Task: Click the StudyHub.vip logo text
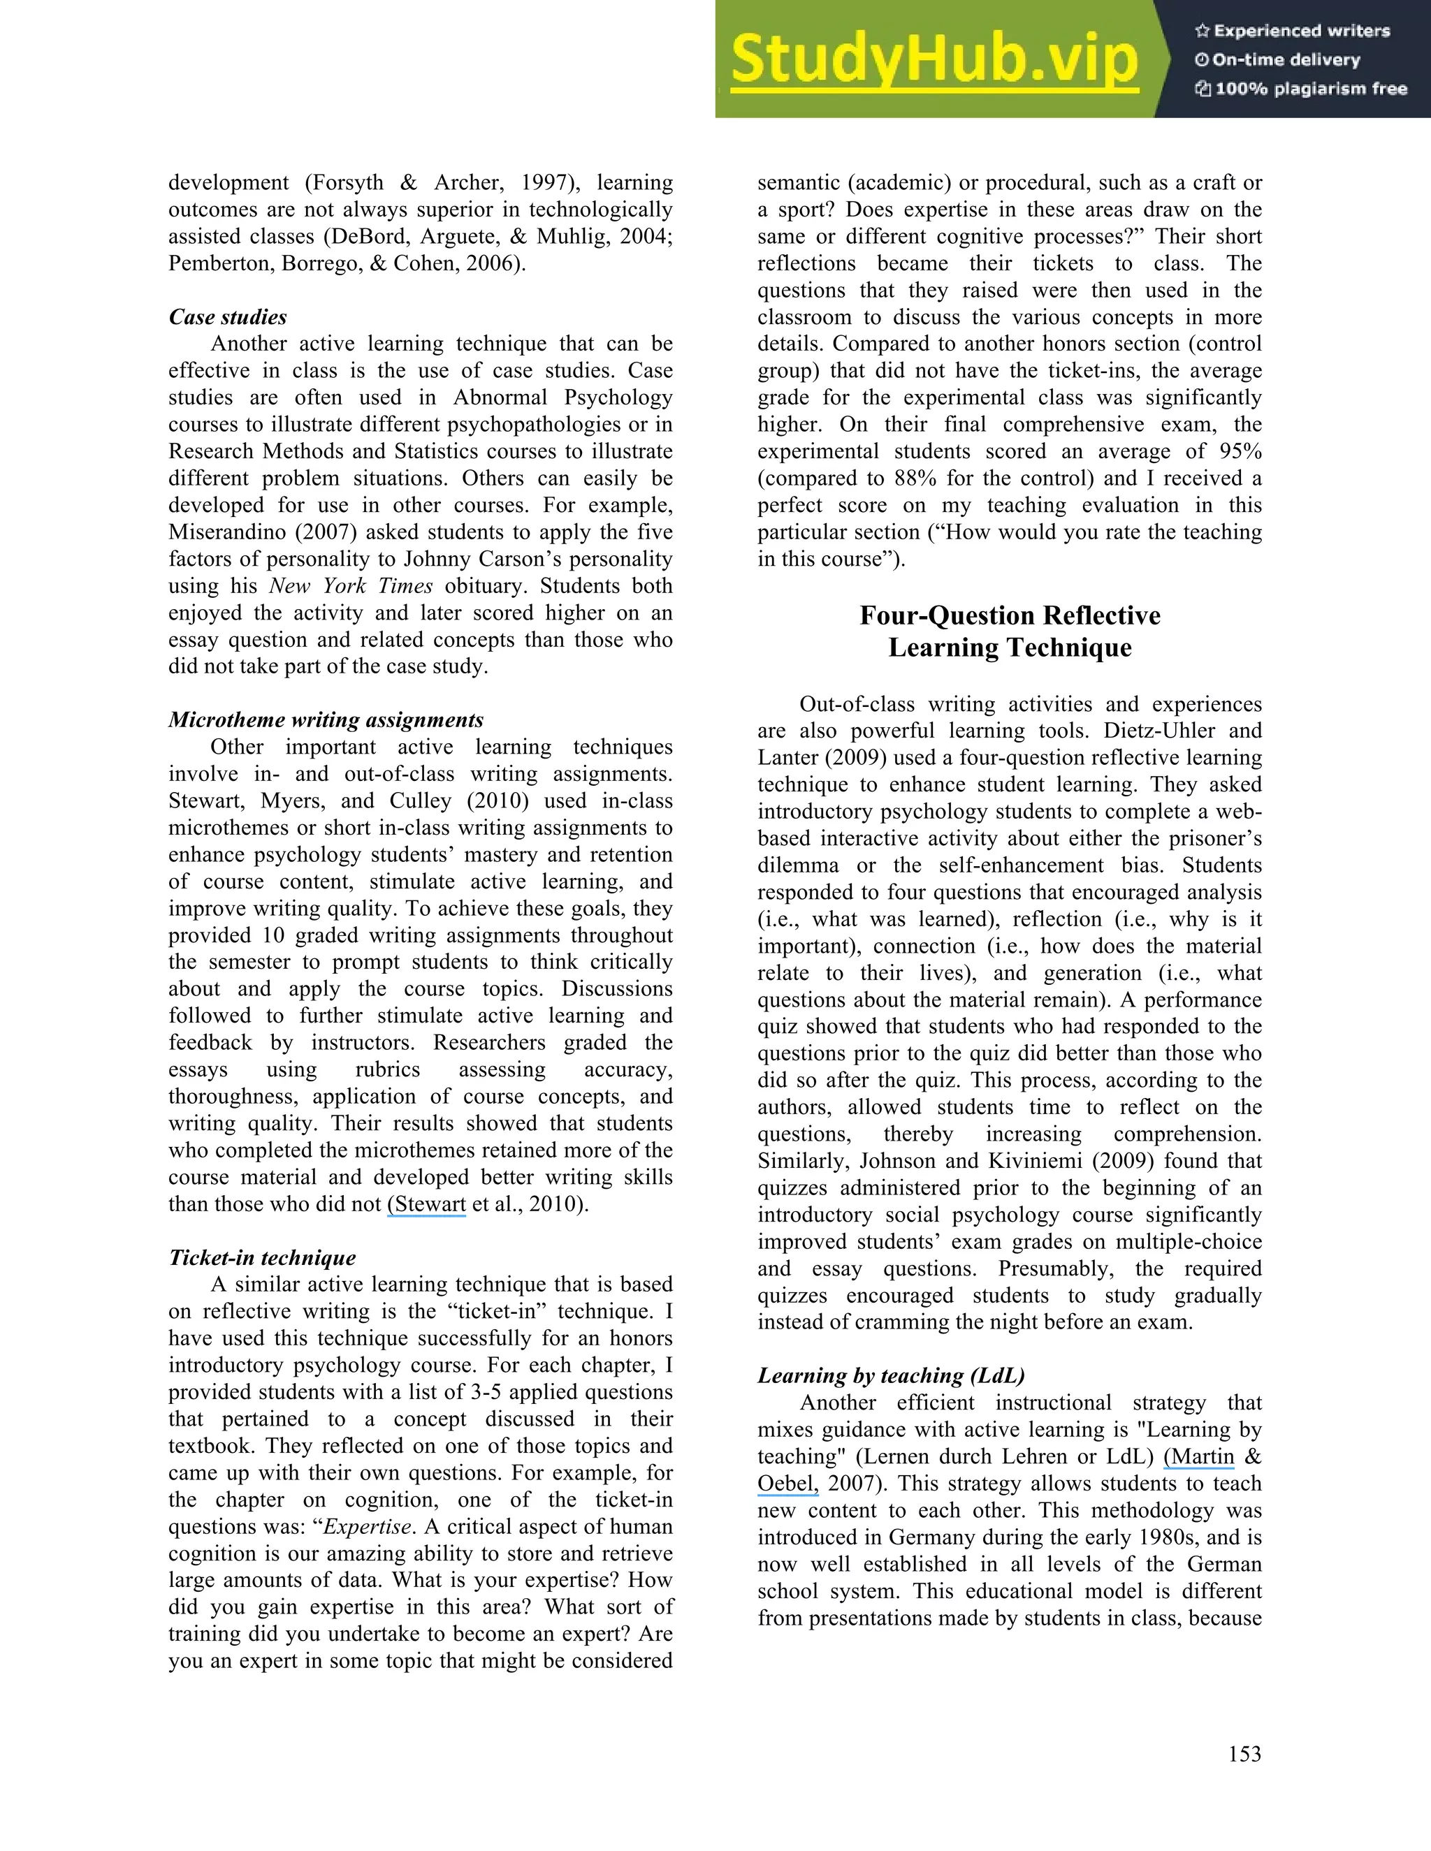pyautogui.click(x=934, y=59)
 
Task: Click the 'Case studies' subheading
pyautogui.click(x=227, y=317)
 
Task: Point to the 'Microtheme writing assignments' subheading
pyautogui.click(x=326, y=719)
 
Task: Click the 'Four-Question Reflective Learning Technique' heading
pyautogui.click(x=1009, y=631)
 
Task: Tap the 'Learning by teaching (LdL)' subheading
pyautogui.click(x=891, y=1375)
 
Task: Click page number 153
pyautogui.click(x=1244, y=1753)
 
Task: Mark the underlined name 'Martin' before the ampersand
pyautogui.click(x=1201, y=1456)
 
